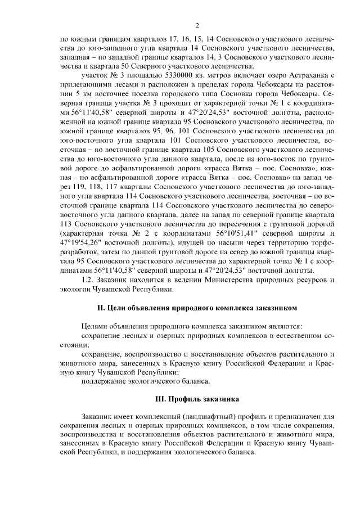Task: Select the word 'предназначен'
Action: (x=296, y=417)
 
